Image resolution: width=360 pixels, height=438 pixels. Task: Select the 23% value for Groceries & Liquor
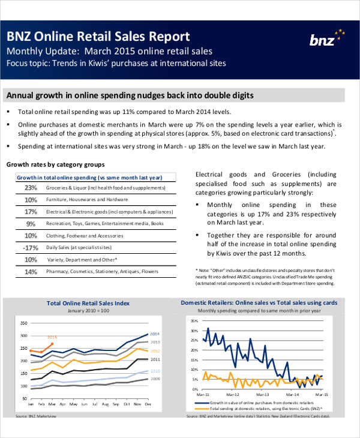coord(31,188)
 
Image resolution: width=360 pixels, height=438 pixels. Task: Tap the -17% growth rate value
coord(30,248)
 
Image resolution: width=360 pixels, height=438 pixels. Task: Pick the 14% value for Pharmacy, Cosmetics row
coord(31,272)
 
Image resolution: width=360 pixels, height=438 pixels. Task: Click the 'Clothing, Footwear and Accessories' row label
coord(85,236)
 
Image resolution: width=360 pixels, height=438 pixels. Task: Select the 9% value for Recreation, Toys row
coord(31,224)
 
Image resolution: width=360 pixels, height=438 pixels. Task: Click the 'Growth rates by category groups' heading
coord(55,164)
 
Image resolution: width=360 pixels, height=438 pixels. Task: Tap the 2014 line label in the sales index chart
coord(154,334)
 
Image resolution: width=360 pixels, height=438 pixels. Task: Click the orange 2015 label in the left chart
coord(52,337)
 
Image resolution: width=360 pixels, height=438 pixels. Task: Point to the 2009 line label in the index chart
coord(154,379)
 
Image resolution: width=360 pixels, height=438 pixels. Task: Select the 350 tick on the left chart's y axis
coord(24,322)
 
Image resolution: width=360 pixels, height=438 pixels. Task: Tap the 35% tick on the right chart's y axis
coord(193,321)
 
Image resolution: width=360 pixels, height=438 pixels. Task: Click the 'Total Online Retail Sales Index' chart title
coord(88,304)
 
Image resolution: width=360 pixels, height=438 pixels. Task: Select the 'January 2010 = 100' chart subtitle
coord(88,311)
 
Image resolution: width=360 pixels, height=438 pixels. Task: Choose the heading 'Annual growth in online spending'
coord(129,95)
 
